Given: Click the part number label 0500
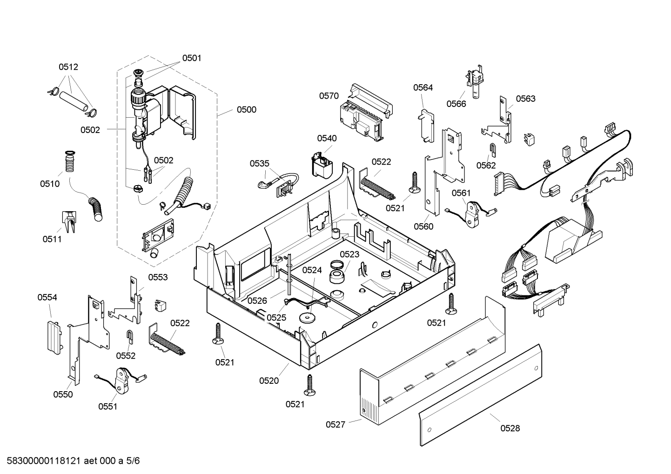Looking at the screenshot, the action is tap(247, 110).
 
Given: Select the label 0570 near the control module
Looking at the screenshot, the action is tap(329, 96).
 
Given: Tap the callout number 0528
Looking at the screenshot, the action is tap(510, 428).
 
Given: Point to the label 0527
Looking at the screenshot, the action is tap(335, 424).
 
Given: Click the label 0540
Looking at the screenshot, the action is tap(327, 138).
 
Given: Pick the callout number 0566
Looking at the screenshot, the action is tap(456, 104).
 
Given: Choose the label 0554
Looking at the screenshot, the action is tap(47, 297).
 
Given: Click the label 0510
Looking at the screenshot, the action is tap(50, 184).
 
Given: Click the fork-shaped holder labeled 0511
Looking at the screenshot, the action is tap(69, 221).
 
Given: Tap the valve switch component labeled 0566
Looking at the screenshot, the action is tap(475, 81).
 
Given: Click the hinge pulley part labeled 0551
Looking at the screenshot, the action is tap(121, 381).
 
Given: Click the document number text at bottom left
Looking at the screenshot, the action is tap(74, 461).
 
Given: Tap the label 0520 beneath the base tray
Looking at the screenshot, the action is tap(269, 381).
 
